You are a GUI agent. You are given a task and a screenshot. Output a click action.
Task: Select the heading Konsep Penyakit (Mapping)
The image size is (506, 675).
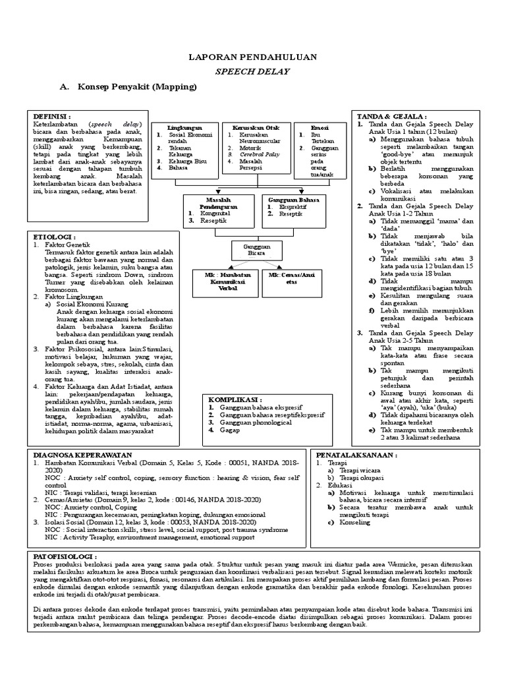pyautogui.click(x=138, y=86)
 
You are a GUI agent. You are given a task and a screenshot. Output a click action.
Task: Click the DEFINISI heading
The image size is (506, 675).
pyautogui.click(x=52, y=115)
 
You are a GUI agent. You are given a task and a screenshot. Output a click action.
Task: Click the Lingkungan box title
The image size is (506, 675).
pyautogui.click(x=184, y=127)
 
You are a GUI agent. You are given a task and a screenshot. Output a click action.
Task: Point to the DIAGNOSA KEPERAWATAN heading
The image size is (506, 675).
pyautogui.click(x=82, y=455)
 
